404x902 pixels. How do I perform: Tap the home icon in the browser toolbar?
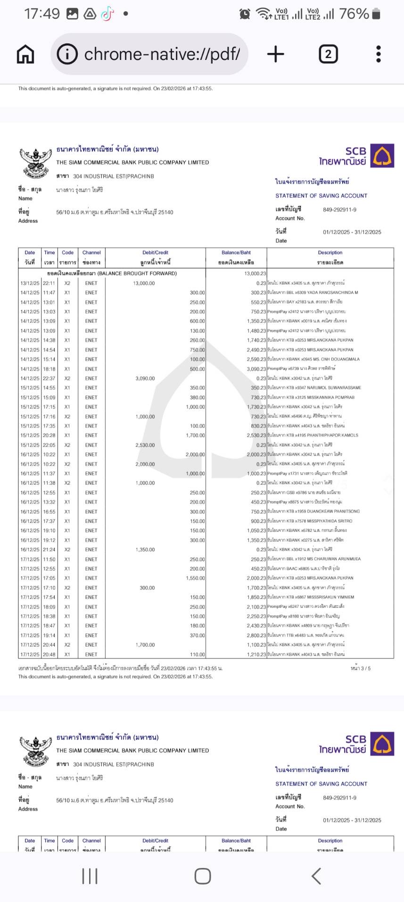pos(25,54)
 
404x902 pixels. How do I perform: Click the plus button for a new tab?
pos(276,54)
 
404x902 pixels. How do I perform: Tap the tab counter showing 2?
pos(328,54)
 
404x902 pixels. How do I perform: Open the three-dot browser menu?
pos(378,54)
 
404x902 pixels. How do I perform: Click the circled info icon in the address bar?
pos(67,54)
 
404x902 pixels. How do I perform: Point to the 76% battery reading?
pos(354,14)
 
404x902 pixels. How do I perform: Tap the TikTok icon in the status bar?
pos(107,14)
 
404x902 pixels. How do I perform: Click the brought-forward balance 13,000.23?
pos(255,273)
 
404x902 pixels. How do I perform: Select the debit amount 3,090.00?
pos(145,379)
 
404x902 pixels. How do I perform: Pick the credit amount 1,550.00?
pos(195,578)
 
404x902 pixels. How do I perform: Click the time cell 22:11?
pos(49,283)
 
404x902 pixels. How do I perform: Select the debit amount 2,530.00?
pos(145,445)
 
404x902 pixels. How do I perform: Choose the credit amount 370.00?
pos(197,635)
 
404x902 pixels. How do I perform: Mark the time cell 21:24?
pos(49,550)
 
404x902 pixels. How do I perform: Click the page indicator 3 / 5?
pos(360,668)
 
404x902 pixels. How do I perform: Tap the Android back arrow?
pos(316,876)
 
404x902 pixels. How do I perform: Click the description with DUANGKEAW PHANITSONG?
pos(313,512)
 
